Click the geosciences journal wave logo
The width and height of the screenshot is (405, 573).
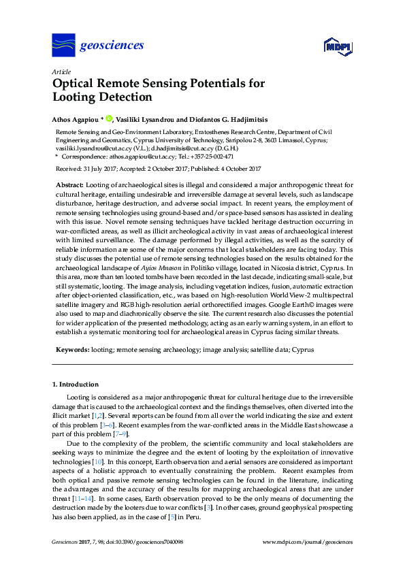[63, 46]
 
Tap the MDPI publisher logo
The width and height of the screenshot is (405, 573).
[338, 47]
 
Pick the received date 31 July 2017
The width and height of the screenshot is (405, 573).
[99, 169]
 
